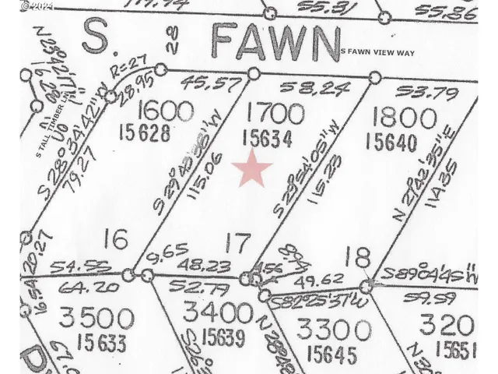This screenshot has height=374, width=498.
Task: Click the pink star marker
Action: point(253,168)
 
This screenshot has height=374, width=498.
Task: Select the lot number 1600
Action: point(163,111)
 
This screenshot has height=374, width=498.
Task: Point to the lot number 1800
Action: point(405,117)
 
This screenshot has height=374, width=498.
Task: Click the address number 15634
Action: point(267,139)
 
